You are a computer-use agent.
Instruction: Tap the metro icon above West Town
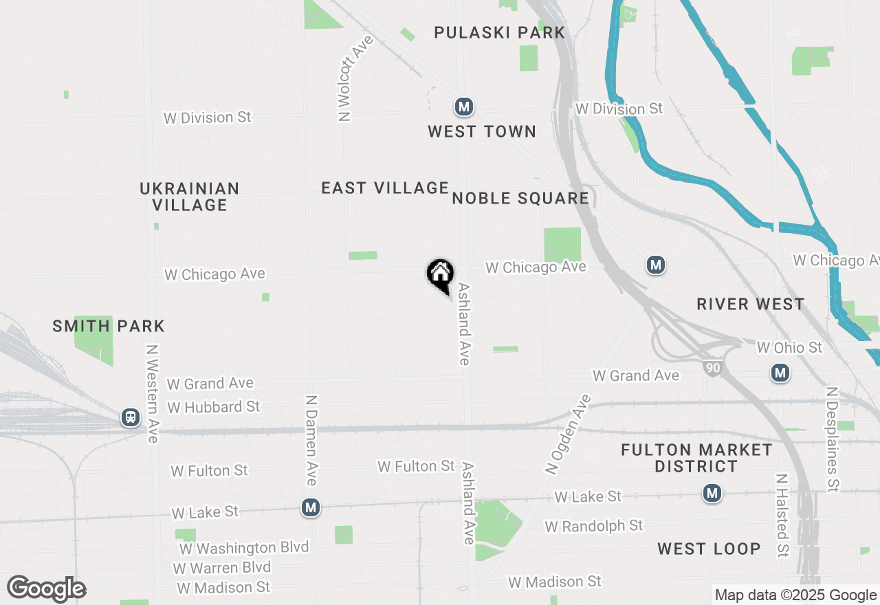(x=464, y=107)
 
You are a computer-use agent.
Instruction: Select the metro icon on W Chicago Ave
(x=655, y=264)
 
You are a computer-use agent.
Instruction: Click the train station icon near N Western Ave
(x=130, y=417)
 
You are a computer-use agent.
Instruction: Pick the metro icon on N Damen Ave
(x=311, y=507)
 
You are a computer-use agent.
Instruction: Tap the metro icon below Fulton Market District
(x=712, y=493)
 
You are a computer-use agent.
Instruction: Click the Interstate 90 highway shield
(x=712, y=368)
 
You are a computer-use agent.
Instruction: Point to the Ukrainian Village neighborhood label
(x=190, y=197)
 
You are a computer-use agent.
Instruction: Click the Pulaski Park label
(x=499, y=32)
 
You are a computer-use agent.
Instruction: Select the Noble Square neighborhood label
(x=520, y=199)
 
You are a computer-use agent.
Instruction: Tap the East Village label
(x=385, y=188)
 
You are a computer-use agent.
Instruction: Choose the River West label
(x=750, y=304)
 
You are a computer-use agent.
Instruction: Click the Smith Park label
(x=109, y=326)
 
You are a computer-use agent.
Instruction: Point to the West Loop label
(x=709, y=549)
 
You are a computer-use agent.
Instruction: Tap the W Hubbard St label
(x=213, y=407)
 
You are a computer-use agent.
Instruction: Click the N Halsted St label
(x=782, y=514)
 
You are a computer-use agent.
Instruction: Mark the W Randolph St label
(x=593, y=526)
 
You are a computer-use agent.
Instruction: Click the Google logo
(x=46, y=588)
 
